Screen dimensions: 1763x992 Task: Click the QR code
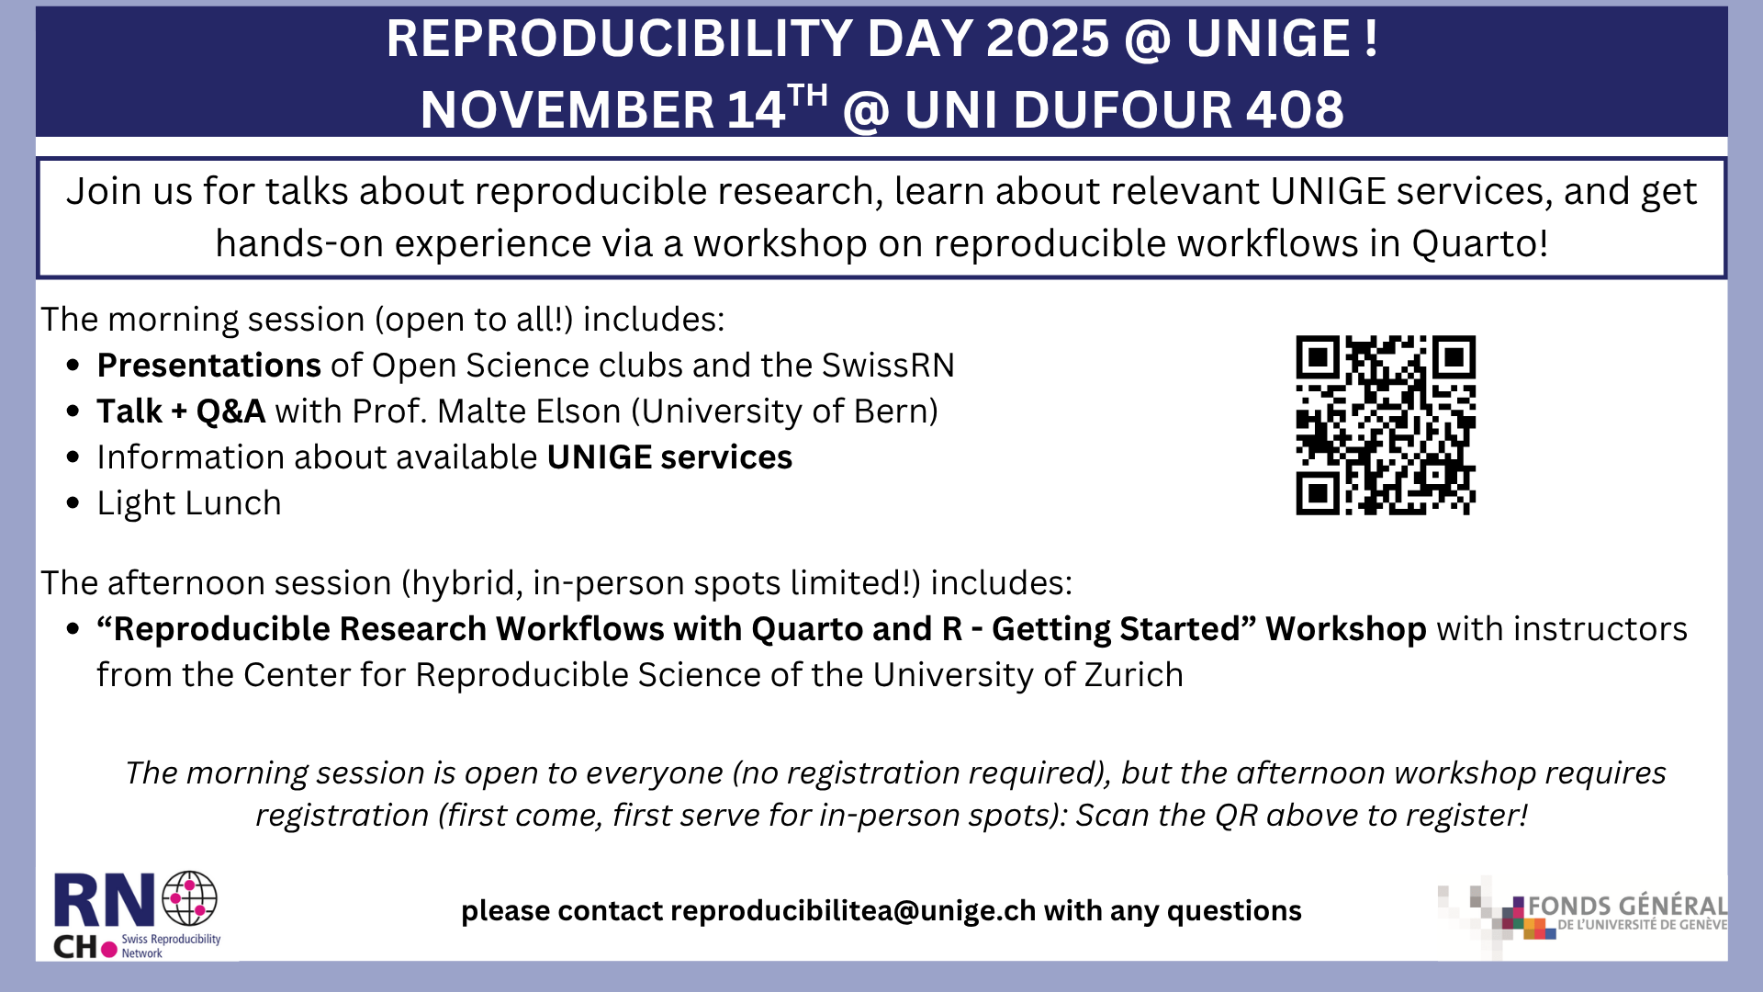1386,424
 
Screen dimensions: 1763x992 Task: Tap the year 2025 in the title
1048,39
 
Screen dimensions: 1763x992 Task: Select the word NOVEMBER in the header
567,109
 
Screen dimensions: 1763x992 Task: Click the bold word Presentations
209,366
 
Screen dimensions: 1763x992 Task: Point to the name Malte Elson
530,411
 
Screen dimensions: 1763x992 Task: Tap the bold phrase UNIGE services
669,457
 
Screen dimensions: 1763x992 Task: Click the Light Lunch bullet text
189,504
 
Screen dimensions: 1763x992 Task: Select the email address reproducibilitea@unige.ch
853,910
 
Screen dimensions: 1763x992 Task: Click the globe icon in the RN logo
190,897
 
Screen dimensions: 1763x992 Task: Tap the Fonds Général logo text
1627,913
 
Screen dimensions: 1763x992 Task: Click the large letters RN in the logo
104,901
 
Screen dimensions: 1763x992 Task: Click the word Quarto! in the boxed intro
1480,243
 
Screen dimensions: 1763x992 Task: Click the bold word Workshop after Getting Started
1346,629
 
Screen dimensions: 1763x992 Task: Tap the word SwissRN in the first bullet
888,366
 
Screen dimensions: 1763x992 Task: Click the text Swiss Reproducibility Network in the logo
172,946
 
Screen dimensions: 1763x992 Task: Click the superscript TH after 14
808,96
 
